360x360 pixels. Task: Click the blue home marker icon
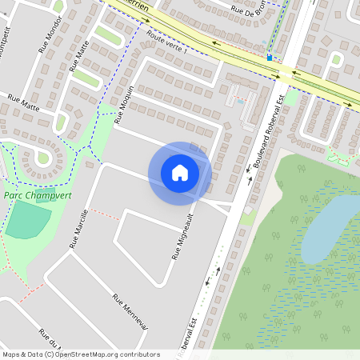(x=180, y=173)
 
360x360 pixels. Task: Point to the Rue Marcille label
(x=78, y=233)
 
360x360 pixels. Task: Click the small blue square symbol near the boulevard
(x=270, y=58)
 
